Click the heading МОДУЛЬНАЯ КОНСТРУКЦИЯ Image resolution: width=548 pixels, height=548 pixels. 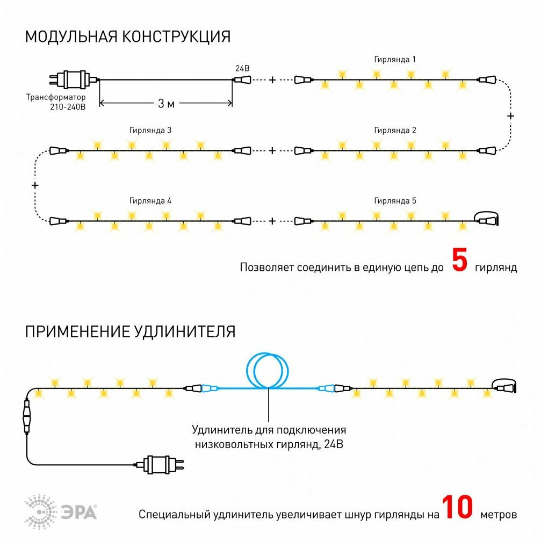[x=128, y=37]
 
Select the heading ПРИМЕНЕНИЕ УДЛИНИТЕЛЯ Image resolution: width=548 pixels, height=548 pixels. [x=130, y=331]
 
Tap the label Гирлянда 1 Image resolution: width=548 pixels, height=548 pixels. [x=395, y=59]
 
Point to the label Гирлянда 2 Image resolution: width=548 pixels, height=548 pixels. [x=395, y=131]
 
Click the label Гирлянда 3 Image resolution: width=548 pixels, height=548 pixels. [x=150, y=131]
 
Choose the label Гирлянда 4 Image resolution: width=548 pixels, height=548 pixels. [x=150, y=201]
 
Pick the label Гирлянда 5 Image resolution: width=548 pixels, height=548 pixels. [x=395, y=201]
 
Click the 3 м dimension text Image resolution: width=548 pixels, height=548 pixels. [x=166, y=104]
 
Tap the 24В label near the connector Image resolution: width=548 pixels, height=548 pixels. [x=242, y=69]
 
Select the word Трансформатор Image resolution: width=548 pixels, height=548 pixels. [x=56, y=97]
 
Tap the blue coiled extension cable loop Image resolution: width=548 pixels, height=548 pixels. [x=268, y=371]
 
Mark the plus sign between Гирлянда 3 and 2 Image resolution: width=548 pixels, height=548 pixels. [x=272, y=150]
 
